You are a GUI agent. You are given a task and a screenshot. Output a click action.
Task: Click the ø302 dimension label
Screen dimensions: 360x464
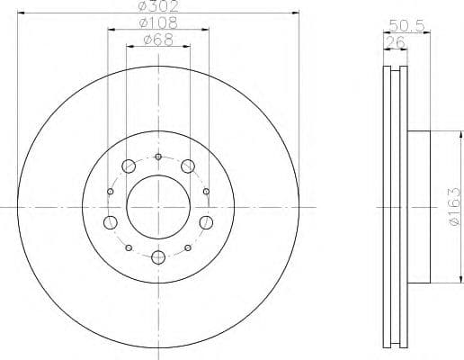(x=157, y=6)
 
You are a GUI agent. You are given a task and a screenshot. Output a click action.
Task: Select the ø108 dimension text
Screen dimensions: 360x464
(x=158, y=22)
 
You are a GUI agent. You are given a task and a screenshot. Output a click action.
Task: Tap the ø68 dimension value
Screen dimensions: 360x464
(x=158, y=40)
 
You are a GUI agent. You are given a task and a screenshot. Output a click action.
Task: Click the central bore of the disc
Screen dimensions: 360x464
(x=157, y=206)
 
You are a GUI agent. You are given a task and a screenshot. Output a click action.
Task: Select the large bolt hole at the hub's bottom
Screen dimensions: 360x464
(x=158, y=258)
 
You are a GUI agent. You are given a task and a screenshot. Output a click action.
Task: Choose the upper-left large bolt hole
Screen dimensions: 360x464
(x=128, y=166)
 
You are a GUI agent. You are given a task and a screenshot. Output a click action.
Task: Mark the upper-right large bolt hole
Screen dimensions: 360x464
(x=188, y=166)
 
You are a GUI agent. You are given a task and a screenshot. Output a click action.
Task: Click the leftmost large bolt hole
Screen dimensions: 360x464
(x=111, y=222)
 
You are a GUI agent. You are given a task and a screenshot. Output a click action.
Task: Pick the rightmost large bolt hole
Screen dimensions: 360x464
(x=205, y=222)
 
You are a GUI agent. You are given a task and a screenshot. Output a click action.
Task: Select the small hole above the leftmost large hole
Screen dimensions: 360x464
(x=110, y=191)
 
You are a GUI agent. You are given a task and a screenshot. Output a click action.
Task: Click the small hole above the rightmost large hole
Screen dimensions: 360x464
(x=206, y=191)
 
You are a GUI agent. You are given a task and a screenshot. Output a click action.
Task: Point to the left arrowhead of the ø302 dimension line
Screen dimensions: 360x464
(x=20, y=13)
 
